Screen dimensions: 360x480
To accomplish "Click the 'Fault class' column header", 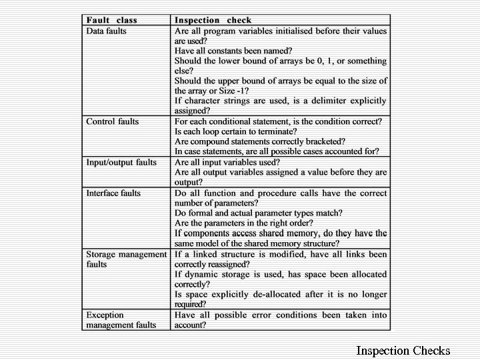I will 111,20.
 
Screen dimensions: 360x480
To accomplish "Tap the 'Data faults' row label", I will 106,31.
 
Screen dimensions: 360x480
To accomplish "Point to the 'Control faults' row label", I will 112,121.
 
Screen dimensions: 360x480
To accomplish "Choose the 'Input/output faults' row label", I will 121,162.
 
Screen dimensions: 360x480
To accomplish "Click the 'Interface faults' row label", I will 113,193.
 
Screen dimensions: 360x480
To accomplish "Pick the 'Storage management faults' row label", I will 126,259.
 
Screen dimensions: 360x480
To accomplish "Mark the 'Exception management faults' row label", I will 121,320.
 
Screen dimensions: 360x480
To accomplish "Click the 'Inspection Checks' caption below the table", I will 403,351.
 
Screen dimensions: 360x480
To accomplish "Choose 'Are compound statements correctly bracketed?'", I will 259,141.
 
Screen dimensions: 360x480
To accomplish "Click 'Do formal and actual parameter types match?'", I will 259,213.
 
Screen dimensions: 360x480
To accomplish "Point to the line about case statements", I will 277,151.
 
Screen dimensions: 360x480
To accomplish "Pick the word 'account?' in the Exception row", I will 190,325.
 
